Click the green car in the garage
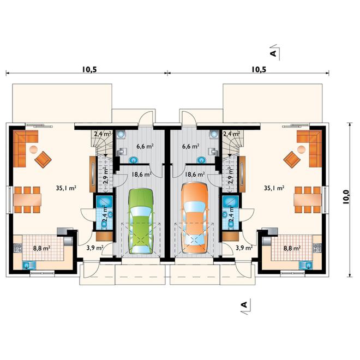point(141,221)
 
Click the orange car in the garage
point(195,218)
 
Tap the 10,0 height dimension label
point(346,197)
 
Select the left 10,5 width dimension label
point(89,69)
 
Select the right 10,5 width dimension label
point(259,69)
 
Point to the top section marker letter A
point(273,53)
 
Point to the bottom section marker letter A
point(244,305)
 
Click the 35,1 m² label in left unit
point(66,188)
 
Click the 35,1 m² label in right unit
point(274,188)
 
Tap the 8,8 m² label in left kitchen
point(42,248)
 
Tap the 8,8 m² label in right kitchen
point(292,248)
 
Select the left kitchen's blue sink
point(29,265)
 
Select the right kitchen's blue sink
point(305,265)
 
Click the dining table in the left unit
point(27,200)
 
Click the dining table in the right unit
point(308,200)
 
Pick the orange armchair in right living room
point(292,160)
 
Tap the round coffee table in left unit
point(33,149)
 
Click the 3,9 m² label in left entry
point(95,248)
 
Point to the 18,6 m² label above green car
point(141,175)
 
